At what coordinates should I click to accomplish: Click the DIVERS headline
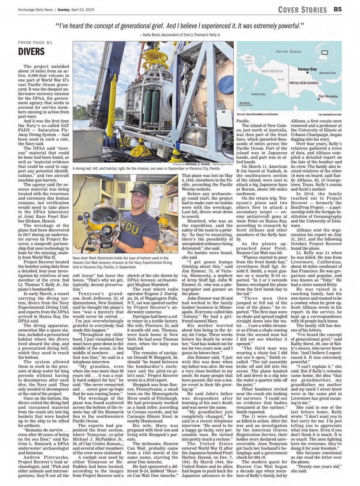point(31,51)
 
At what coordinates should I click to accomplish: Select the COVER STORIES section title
point(302,9)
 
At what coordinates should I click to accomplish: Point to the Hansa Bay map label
point(307,69)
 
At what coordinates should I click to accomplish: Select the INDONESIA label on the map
point(271,71)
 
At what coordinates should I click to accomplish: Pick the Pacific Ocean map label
point(288,51)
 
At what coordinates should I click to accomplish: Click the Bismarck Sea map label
point(327,73)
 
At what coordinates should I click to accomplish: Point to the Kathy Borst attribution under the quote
point(180,35)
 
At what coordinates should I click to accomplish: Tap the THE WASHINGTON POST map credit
point(328,114)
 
